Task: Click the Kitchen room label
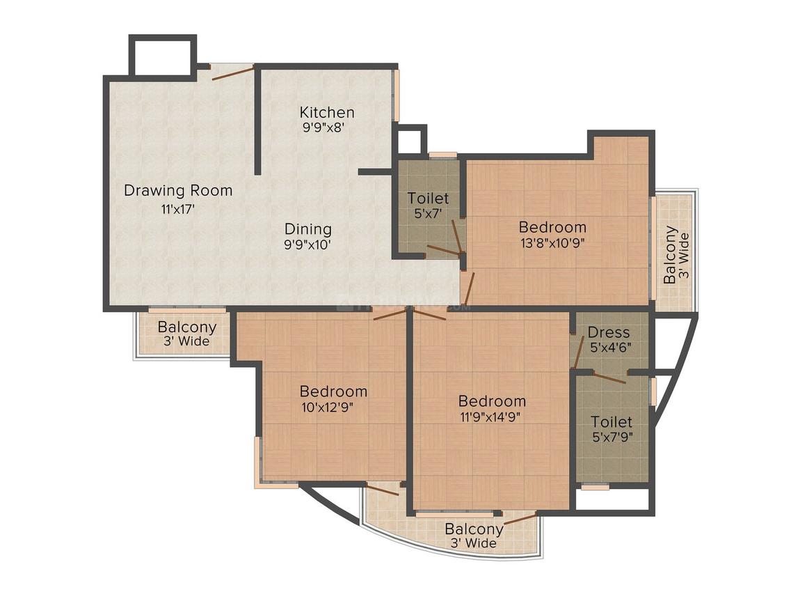coord(327,112)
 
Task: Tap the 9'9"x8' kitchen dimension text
coord(323,127)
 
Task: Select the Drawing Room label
coord(178,190)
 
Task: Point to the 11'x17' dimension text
coord(178,207)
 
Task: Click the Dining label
coord(307,228)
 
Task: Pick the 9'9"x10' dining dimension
coord(307,244)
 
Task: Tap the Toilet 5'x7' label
coord(428,199)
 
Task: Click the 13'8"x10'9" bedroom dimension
coord(553,243)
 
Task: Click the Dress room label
coord(608,332)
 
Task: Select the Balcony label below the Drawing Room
coord(186,327)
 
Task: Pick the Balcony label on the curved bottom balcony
coord(474,529)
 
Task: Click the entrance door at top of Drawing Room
coord(232,71)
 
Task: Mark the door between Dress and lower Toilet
coord(609,377)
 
